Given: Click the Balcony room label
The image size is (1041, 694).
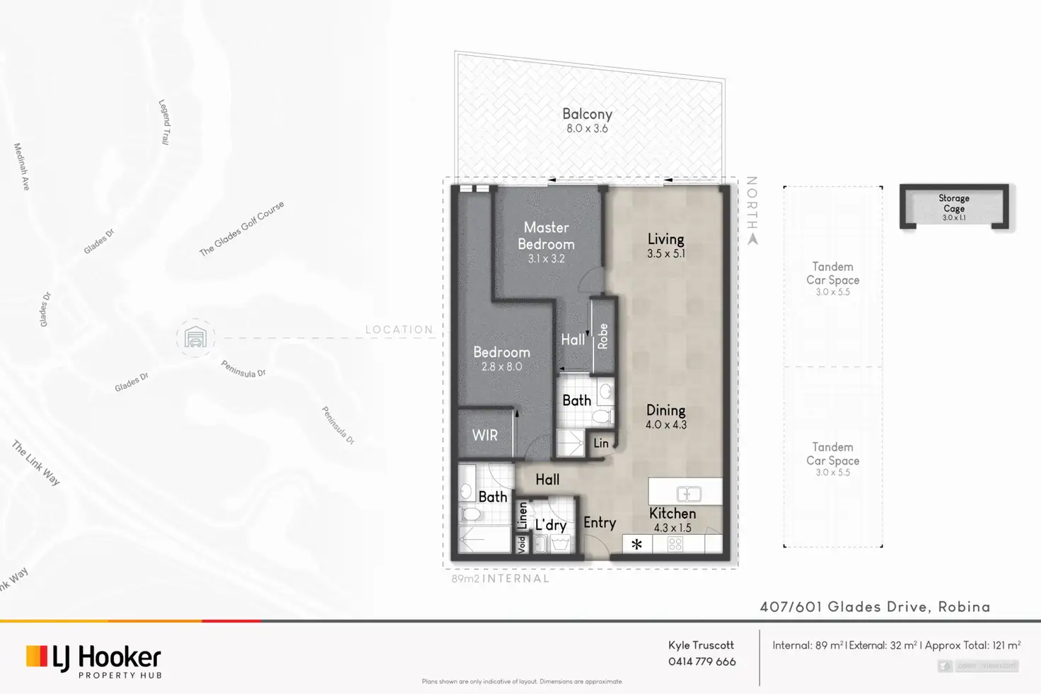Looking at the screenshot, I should pyautogui.click(x=587, y=114).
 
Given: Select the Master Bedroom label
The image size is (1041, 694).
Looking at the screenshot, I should pyautogui.click(x=546, y=236).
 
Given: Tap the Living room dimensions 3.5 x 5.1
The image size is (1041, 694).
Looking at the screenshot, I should pyautogui.click(x=665, y=254).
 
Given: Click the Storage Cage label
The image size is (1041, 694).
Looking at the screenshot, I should pyautogui.click(x=954, y=203).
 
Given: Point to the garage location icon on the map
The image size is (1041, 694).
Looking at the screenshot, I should pyautogui.click(x=195, y=338).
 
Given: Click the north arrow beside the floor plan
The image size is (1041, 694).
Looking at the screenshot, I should pyautogui.click(x=752, y=239).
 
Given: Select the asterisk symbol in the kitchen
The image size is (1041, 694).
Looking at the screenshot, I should pyautogui.click(x=636, y=544).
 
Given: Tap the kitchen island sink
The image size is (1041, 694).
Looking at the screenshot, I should pyautogui.click(x=688, y=494).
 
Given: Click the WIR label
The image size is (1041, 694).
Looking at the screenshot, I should pyautogui.click(x=485, y=436).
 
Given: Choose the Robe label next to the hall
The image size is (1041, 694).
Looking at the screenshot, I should pyautogui.click(x=603, y=336).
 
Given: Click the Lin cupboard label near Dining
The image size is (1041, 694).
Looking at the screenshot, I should pyautogui.click(x=601, y=444).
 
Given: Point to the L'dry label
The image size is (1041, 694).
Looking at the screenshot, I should pyautogui.click(x=551, y=525).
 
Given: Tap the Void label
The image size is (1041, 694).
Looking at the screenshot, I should pyautogui.click(x=522, y=544).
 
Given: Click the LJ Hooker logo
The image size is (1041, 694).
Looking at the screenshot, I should pyautogui.click(x=93, y=659).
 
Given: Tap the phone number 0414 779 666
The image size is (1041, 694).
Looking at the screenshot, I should pyautogui.click(x=702, y=661).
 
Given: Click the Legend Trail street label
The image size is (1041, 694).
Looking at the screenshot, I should pyautogui.click(x=164, y=122).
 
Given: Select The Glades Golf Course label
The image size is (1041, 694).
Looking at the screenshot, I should pyautogui.click(x=241, y=228).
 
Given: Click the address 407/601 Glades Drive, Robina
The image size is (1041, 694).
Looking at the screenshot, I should pyautogui.click(x=875, y=607).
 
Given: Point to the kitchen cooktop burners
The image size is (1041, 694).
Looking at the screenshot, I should pyautogui.click(x=675, y=544).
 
